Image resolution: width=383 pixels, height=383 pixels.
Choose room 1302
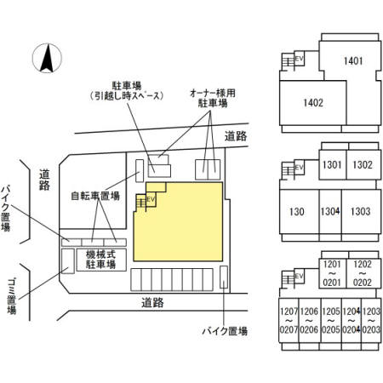coord(362,165)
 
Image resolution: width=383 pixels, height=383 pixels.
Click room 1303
coord(360,211)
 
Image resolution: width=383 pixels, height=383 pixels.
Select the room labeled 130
coord(297,211)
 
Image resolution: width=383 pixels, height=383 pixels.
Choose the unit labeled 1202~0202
coord(363,273)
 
